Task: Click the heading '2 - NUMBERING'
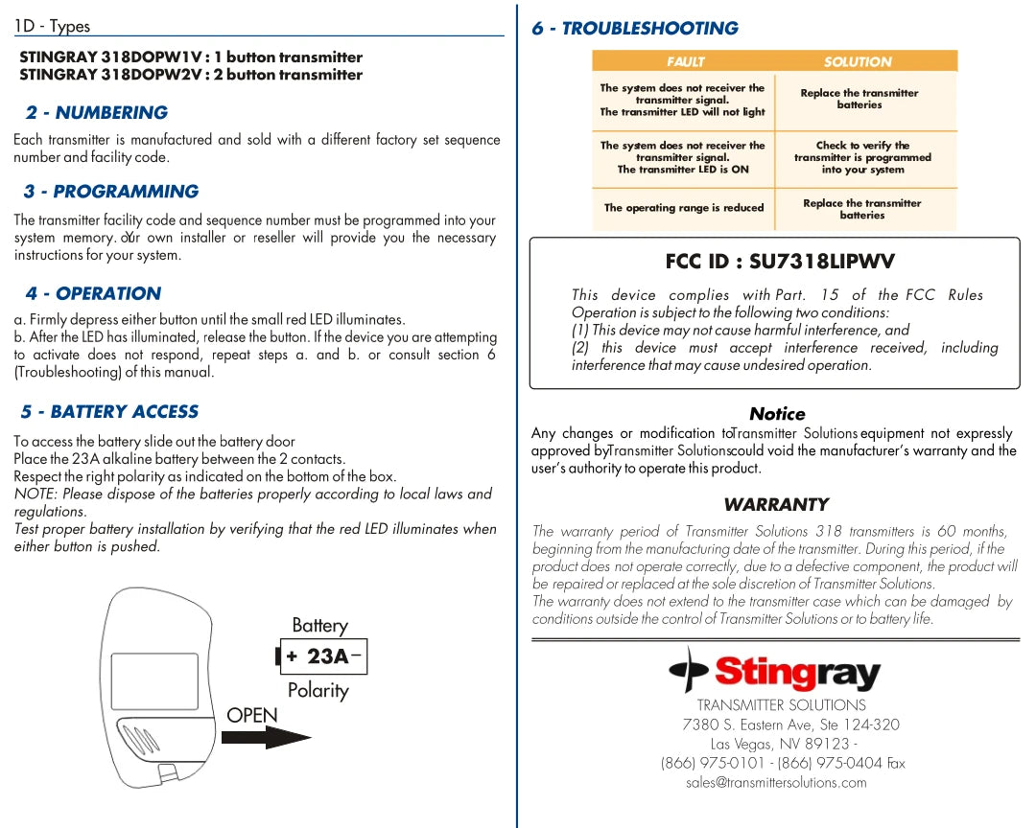point(97,113)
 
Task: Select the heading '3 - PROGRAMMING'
point(111,192)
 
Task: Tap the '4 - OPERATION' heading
point(93,294)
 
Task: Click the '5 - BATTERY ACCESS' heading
point(109,412)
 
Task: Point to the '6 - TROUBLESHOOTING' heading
point(635,29)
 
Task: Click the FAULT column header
point(685,62)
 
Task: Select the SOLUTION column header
point(858,62)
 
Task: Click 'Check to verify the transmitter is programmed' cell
point(862,158)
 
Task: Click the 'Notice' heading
point(777,414)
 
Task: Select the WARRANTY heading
point(776,505)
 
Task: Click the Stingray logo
point(774,671)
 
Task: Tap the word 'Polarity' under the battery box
point(318,691)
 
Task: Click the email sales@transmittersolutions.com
point(776,783)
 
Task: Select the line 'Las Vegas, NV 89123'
point(780,745)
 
